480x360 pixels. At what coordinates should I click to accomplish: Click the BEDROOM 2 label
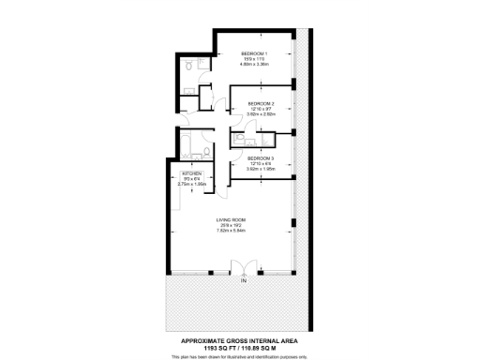click(x=261, y=103)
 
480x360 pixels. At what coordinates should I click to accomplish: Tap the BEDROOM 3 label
click(x=261, y=158)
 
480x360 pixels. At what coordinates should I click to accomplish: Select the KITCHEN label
click(x=191, y=174)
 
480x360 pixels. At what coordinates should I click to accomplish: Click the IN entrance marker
click(x=243, y=281)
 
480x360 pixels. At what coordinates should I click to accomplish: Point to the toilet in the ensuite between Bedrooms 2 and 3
click(x=242, y=138)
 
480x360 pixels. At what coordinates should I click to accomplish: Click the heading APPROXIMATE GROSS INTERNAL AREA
click(x=240, y=339)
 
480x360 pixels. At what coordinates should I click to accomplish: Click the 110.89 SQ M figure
click(x=260, y=348)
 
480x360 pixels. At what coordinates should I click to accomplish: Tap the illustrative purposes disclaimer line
click(x=240, y=356)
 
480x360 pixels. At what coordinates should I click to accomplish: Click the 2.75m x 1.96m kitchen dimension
click(x=191, y=185)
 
